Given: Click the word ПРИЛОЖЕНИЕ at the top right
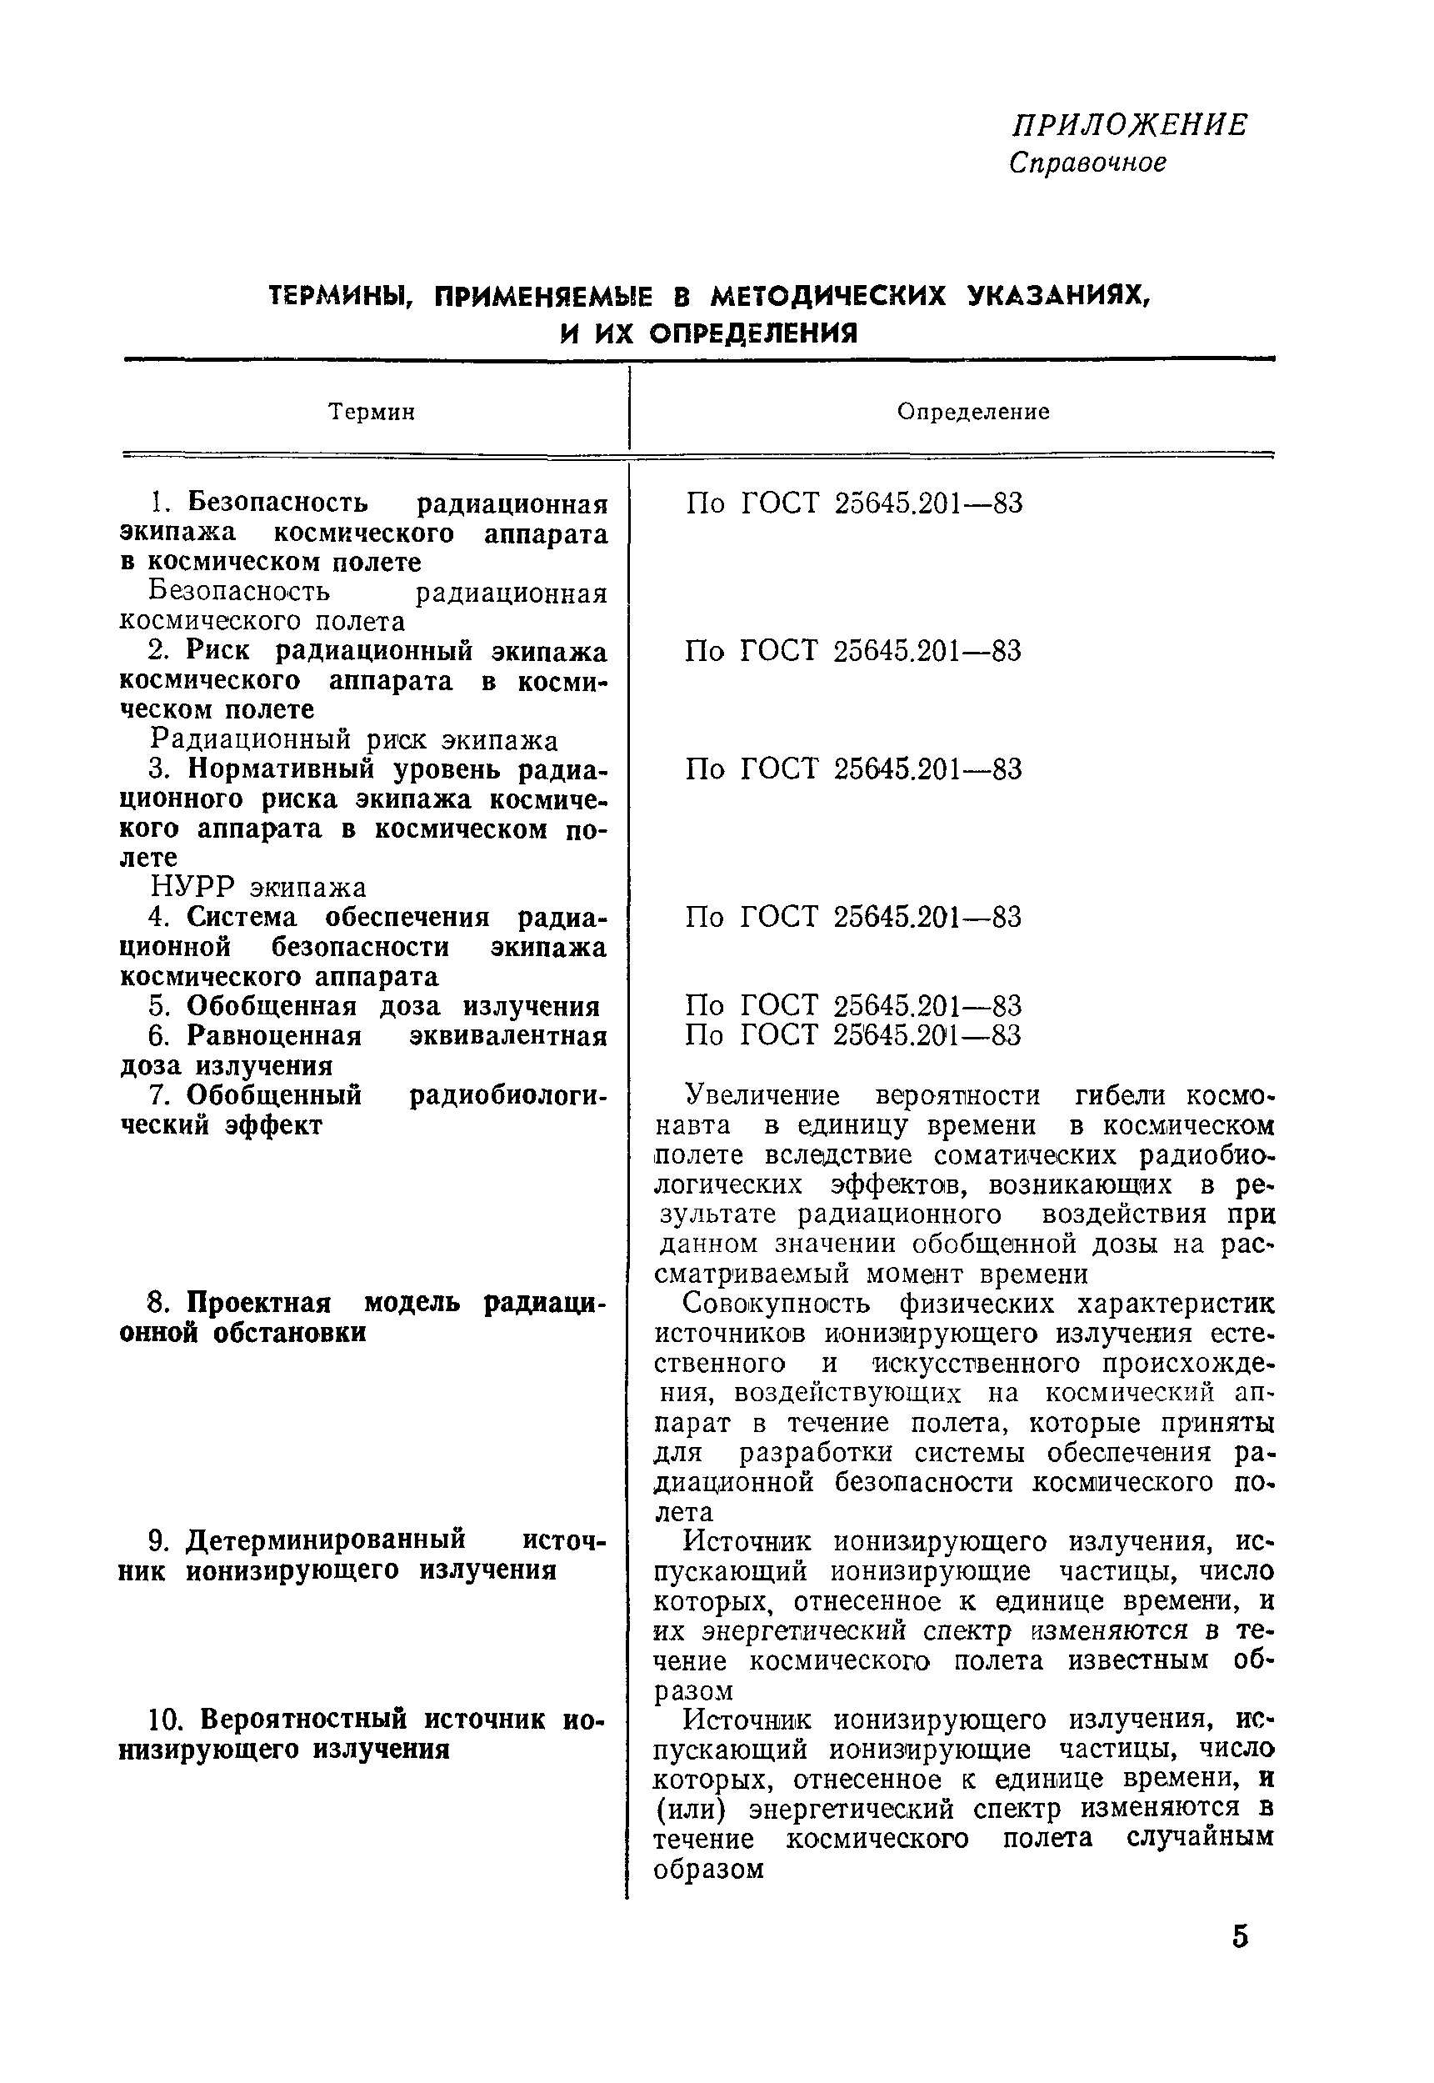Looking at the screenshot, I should (x=1128, y=125).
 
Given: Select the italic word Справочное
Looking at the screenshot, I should (x=1087, y=163).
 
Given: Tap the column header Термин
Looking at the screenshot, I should (x=371, y=413).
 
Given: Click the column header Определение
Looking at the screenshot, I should (x=973, y=412).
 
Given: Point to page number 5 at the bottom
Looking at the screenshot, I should (x=1240, y=1935).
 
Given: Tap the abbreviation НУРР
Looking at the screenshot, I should (x=192, y=888).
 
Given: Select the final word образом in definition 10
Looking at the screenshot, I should (x=708, y=1869).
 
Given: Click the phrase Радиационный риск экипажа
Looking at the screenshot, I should (x=354, y=740).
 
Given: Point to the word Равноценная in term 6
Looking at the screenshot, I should (x=274, y=1036).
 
